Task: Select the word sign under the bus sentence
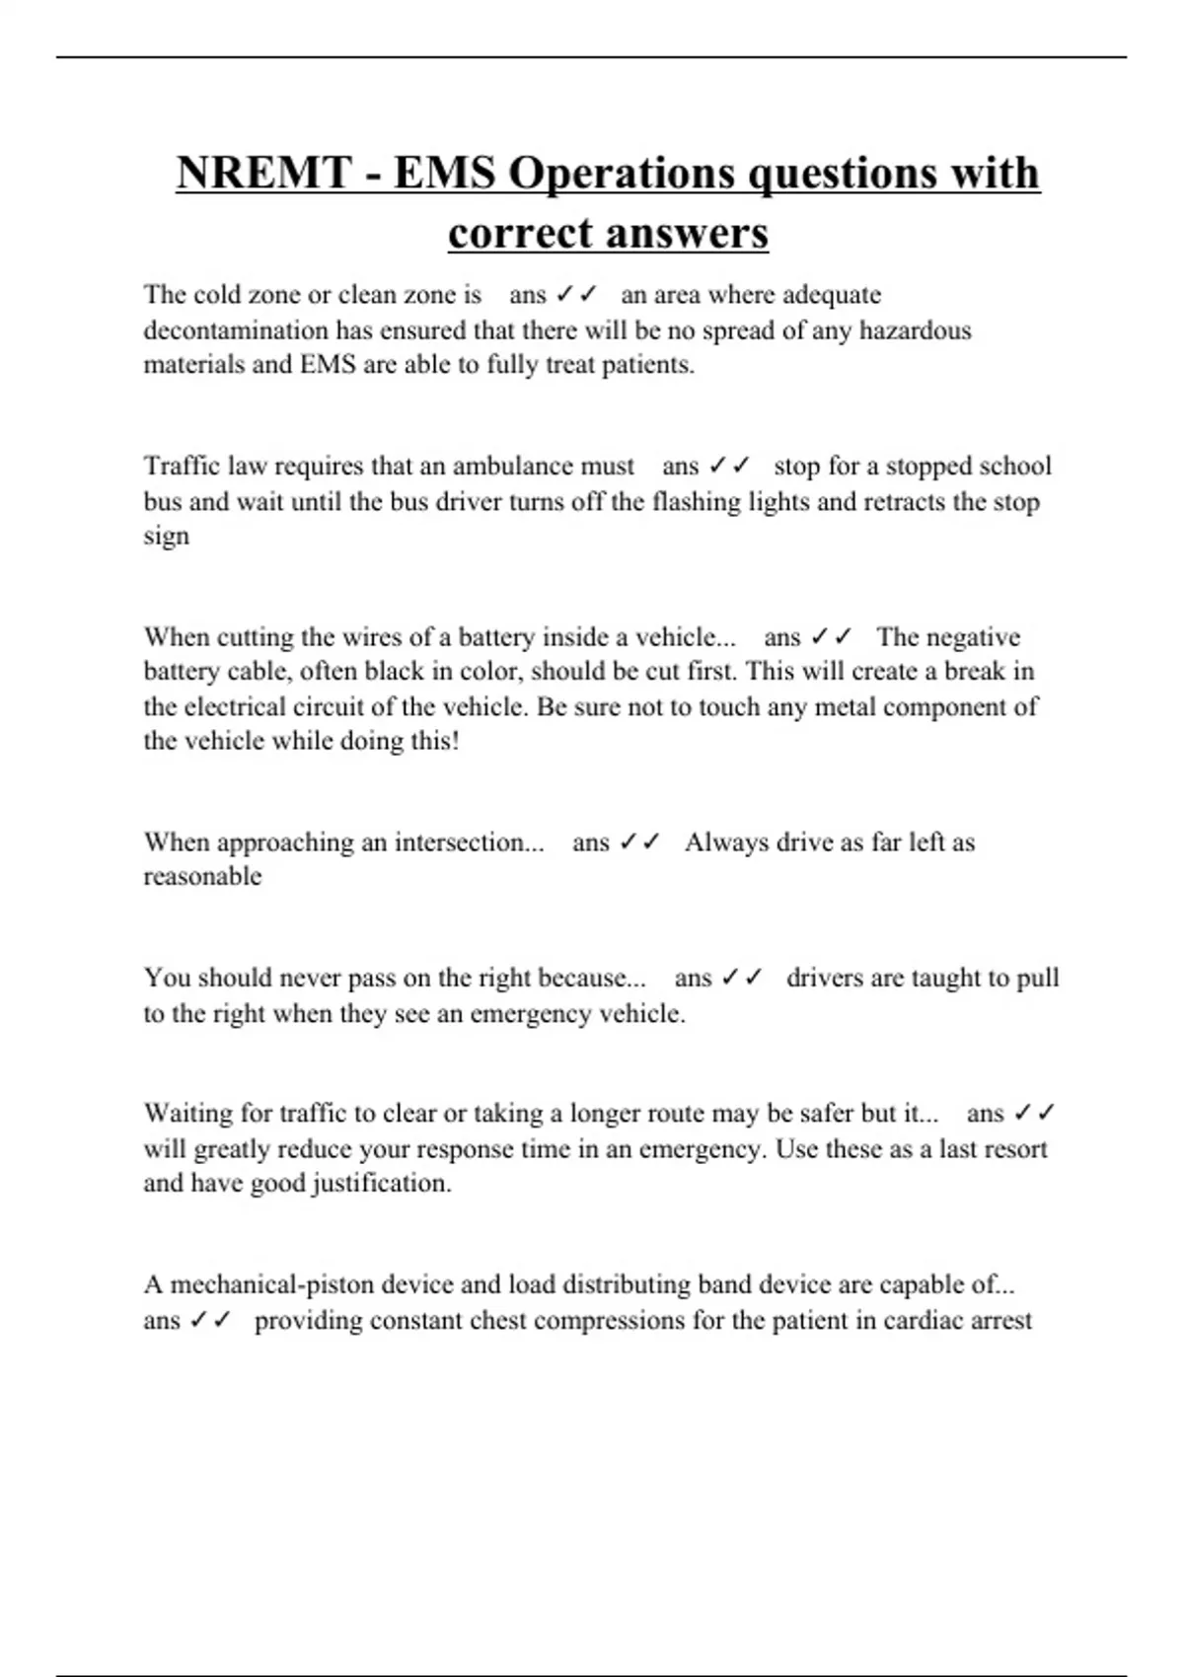(166, 538)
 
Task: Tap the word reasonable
(202, 877)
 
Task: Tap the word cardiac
(922, 1320)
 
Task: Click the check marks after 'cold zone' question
(576, 294)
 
